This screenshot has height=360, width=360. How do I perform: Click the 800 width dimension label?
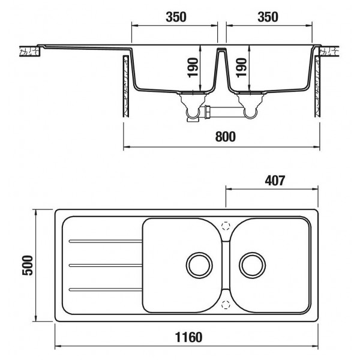point(223,137)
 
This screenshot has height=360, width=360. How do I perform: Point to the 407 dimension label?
point(272,178)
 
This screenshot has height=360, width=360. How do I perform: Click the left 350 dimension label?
point(173,17)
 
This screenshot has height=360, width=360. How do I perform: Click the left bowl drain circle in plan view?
point(198,264)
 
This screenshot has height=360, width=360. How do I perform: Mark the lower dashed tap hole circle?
point(226,303)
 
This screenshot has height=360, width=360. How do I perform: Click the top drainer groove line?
point(105,242)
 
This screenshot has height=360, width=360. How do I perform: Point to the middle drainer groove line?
point(105,265)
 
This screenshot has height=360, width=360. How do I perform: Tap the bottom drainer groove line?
point(105,290)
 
